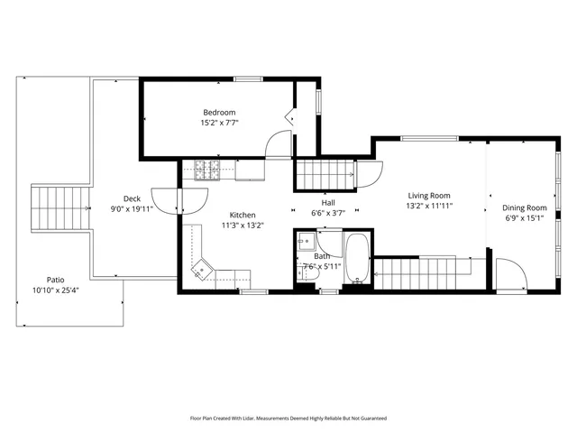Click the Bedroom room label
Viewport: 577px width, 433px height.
(219, 112)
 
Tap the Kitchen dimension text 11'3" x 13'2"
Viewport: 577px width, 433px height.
(243, 226)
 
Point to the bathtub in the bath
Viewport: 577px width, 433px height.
(357, 259)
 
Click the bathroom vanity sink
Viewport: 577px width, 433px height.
(305, 240)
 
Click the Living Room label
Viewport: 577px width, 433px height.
(429, 195)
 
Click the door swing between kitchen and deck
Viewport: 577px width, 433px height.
(166, 199)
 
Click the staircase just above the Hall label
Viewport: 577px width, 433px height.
(326, 171)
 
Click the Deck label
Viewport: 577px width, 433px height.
(132, 198)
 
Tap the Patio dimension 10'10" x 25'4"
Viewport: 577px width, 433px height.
(56, 290)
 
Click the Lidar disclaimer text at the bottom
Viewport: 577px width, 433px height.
(288, 418)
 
